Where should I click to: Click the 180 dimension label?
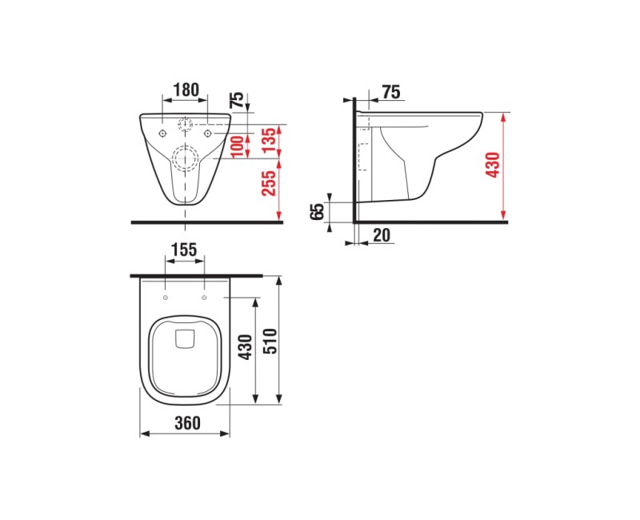pyautogui.click(x=186, y=90)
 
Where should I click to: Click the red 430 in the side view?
pyautogui.click(x=493, y=166)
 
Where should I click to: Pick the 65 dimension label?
pyautogui.click(x=318, y=211)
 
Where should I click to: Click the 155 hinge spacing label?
pyautogui.click(x=184, y=250)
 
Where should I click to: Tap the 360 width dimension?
pyautogui.click(x=186, y=424)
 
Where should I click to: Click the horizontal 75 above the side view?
pyautogui.click(x=390, y=93)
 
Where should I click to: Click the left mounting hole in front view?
pyautogui.click(x=162, y=132)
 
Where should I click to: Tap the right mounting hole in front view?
pyautogui.click(x=207, y=132)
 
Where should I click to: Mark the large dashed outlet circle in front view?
pyautogui.click(x=186, y=158)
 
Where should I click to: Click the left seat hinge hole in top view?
pyautogui.click(x=165, y=298)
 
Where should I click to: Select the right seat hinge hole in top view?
pyautogui.click(x=204, y=298)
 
